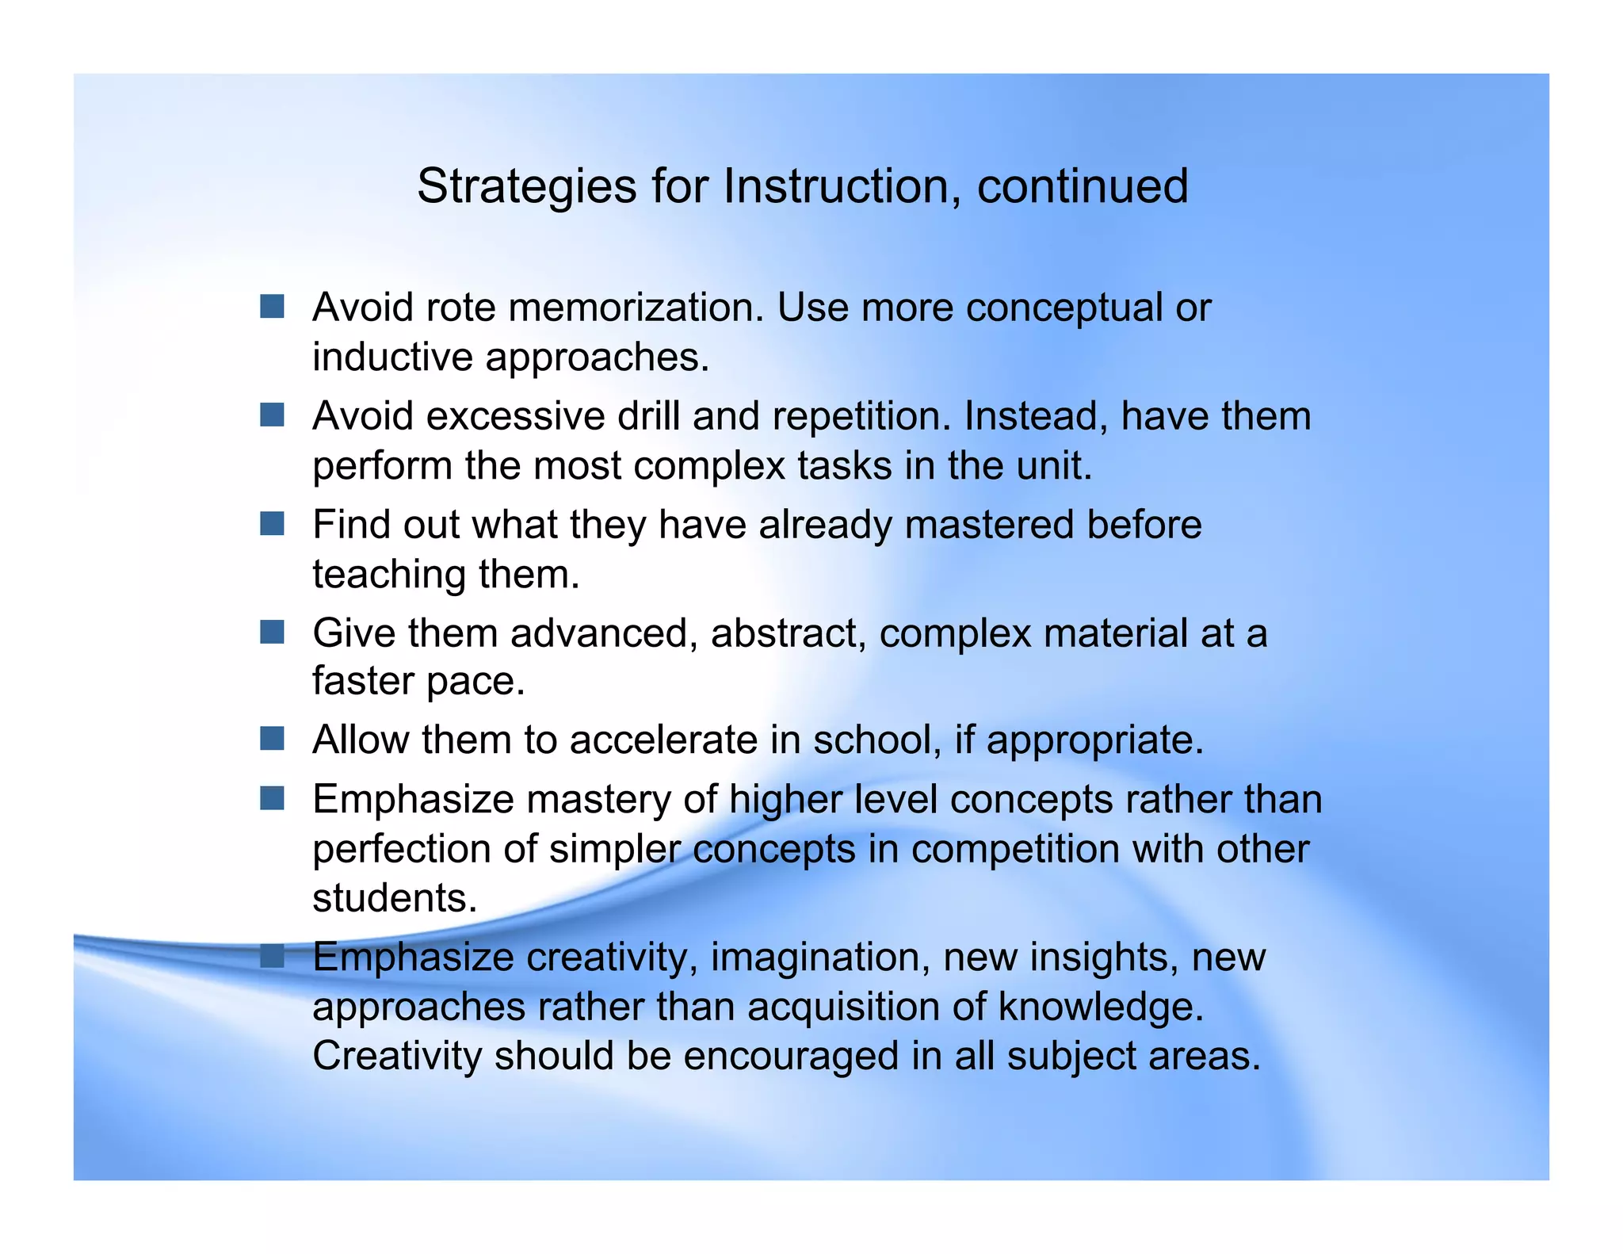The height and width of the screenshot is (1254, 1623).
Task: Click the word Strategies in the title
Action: (x=526, y=188)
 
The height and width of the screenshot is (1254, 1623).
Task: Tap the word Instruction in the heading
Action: (x=835, y=186)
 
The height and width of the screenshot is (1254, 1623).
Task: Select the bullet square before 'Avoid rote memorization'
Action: (x=272, y=307)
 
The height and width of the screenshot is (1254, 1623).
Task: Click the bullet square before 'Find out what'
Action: (x=272, y=524)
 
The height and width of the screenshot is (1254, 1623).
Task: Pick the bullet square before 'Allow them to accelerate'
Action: (x=272, y=739)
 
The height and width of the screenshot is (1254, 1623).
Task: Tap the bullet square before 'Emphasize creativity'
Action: (x=272, y=956)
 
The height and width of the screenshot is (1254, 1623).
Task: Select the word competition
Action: (x=1014, y=850)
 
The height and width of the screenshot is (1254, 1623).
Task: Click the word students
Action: (x=394, y=898)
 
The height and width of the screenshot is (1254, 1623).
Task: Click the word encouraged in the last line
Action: (x=790, y=1056)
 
